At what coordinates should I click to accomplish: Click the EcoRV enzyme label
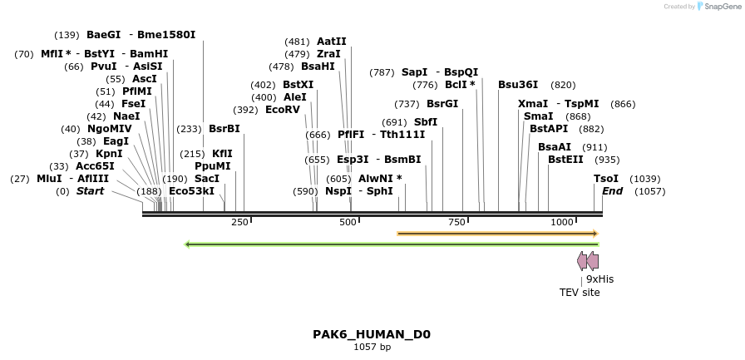pos(283,110)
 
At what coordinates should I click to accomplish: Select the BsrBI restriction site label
pos(224,129)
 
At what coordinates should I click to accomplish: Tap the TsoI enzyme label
pos(605,179)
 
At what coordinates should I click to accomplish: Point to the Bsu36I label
pos(518,85)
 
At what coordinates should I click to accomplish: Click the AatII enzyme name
pos(332,42)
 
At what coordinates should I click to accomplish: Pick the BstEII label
pos(565,160)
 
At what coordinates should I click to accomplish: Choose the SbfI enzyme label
pos(426,122)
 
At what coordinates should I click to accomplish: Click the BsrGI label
pos(442,104)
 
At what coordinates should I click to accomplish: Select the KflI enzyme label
pos(222,154)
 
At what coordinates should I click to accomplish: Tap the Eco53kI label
pos(191,191)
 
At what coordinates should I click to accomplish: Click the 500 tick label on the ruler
pos(348,222)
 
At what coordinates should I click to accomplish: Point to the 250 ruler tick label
pos(239,222)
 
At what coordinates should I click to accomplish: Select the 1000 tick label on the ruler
pos(562,222)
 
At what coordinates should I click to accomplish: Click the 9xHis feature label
pos(599,279)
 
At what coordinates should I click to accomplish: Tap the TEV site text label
pos(580,293)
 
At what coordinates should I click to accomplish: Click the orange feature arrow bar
pos(499,234)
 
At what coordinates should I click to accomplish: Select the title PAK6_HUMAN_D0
pos(372,334)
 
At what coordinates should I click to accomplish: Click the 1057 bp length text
pos(372,347)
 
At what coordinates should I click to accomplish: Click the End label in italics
pos(612,191)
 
